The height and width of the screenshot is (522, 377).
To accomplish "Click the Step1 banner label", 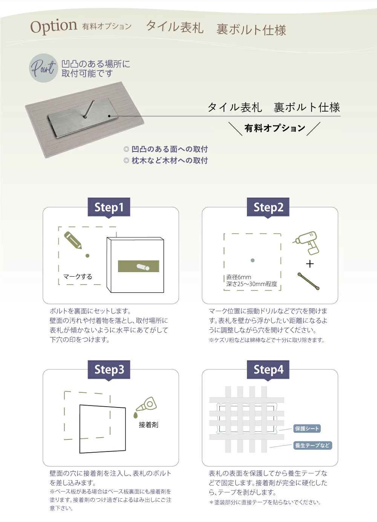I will [109, 207].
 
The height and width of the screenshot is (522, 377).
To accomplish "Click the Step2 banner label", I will [268, 207].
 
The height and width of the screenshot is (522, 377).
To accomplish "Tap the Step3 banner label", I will [109, 369].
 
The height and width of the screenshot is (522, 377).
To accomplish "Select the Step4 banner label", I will [268, 369].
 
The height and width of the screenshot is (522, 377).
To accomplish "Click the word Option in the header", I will [54, 27].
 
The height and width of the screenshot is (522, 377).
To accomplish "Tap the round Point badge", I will [43, 68].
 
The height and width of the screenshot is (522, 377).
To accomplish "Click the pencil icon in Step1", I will [73, 240].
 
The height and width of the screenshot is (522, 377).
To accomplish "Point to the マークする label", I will [77, 276].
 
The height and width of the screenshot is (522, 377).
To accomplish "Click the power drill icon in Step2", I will [308, 242].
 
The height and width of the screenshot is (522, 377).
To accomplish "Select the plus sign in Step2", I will [310, 264].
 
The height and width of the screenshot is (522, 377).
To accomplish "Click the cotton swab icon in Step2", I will [308, 281].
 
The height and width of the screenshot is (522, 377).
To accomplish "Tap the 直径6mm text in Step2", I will [239, 277].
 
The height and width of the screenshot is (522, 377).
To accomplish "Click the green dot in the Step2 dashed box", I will [253, 260].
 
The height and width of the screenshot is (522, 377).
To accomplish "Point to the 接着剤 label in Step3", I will [148, 425].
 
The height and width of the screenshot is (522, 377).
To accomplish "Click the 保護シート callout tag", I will [307, 429].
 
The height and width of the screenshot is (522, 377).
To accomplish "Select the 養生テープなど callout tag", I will [312, 445].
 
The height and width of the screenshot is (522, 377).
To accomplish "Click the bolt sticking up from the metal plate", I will [89, 109].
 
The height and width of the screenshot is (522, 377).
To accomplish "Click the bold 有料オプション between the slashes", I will [274, 128].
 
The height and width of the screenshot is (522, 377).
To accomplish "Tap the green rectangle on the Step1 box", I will [138, 266].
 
